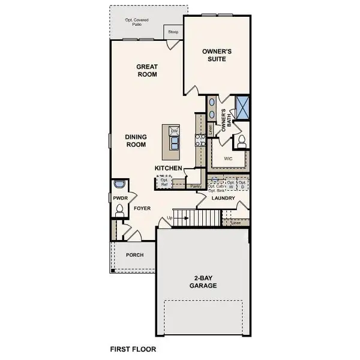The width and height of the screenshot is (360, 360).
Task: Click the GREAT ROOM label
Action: click(x=146, y=70)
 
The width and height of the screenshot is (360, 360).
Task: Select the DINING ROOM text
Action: click(x=136, y=140)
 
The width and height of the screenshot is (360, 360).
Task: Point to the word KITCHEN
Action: click(x=168, y=168)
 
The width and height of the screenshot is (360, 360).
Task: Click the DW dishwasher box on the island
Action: click(x=175, y=131)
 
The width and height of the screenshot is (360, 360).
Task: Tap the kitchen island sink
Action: click(x=175, y=143)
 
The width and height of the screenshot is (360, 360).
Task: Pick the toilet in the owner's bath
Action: click(x=242, y=142)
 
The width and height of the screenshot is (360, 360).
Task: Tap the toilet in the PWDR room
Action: click(x=119, y=209)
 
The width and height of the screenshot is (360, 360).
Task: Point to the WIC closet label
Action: click(x=228, y=159)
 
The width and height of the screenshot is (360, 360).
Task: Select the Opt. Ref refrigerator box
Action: click(x=163, y=181)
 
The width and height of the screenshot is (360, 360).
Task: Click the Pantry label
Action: click(x=196, y=187)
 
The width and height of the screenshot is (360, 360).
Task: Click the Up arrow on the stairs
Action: click(x=170, y=217)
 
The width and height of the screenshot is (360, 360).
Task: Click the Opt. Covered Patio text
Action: click(x=137, y=22)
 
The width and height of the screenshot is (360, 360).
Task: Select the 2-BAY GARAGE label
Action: click(x=205, y=282)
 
